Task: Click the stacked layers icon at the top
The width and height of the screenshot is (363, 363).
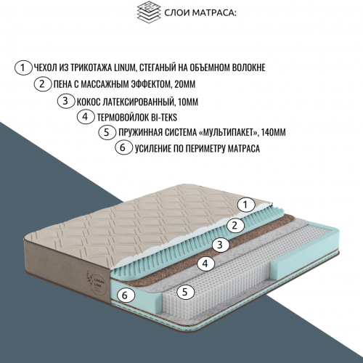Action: tap(149, 12)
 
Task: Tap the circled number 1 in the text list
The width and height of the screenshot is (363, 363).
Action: tap(23, 68)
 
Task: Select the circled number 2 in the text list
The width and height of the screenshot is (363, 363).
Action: tap(43, 84)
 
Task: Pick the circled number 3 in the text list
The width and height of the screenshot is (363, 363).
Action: tap(66, 101)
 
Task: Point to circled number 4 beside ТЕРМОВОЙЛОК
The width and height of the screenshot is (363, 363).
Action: tap(86, 117)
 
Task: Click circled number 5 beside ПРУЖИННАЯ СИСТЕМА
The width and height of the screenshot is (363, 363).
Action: tap(107, 132)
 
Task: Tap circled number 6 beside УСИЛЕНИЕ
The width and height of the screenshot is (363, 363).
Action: tap(123, 147)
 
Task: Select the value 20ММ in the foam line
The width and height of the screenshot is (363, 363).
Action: tap(184, 84)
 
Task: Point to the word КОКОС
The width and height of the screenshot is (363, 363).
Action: tap(89, 102)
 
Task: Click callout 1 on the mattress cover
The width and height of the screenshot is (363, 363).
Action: tap(246, 205)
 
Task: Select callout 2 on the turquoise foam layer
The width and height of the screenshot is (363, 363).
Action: tap(235, 226)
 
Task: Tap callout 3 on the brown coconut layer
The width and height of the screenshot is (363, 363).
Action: tap(221, 245)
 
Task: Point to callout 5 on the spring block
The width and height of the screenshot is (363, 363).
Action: tap(185, 292)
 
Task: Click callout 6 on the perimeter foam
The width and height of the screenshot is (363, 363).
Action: tap(125, 295)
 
